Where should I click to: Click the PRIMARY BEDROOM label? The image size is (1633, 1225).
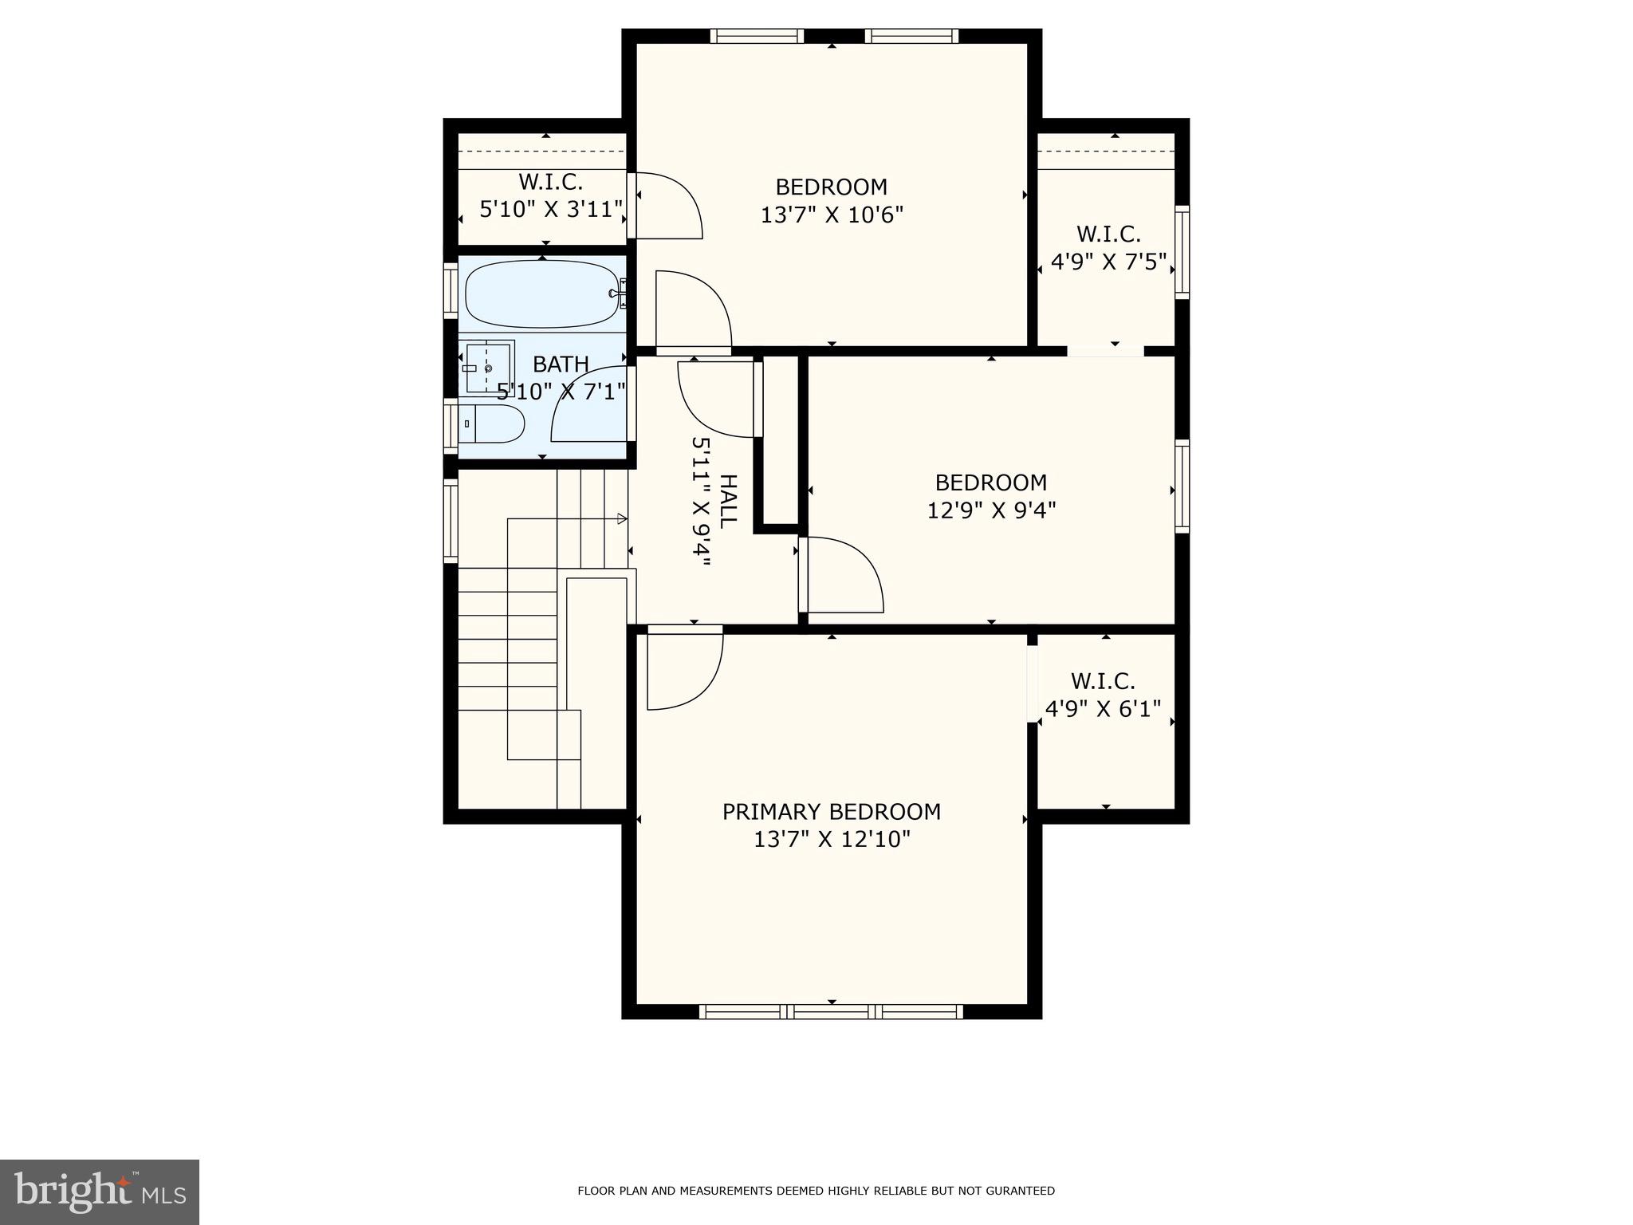click(831, 812)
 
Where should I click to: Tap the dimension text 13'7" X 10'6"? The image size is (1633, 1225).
click(831, 215)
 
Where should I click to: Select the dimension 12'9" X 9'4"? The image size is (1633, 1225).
click(991, 510)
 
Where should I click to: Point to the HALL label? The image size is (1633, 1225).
click(727, 501)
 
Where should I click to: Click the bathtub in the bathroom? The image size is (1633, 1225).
click(542, 293)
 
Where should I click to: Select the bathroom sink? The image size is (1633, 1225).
click(488, 367)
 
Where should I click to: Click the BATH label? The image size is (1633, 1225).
click(561, 364)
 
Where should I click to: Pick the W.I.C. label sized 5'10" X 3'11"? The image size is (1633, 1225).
click(550, 182)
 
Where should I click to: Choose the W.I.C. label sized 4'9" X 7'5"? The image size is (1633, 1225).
click(1108, 234)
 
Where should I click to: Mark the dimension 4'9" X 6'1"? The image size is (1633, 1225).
click(1103, 709)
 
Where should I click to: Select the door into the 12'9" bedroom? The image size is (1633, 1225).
click(840, 574)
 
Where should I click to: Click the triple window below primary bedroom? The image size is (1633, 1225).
click(831, 1012)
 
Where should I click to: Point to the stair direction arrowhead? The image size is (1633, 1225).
click(622, 519)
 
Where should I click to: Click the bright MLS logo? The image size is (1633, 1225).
click(100, 1192)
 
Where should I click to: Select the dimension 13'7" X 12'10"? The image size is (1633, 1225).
click(831, 840)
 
